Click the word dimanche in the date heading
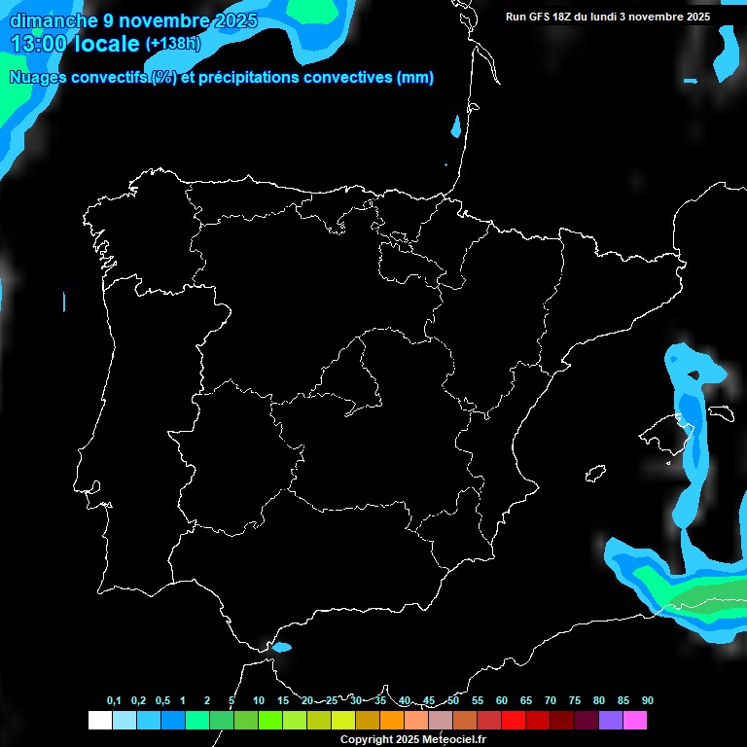51,20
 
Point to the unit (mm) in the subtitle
415,78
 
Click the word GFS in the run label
538,17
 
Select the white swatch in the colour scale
99,720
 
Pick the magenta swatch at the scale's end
635,720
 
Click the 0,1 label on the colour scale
114,701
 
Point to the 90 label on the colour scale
648,701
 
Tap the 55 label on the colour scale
478,701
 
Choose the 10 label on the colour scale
259,701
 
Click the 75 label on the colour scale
575,701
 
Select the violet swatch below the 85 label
611,720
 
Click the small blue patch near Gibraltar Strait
281,647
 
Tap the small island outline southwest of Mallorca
595,474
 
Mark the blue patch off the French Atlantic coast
455,126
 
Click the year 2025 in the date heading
236,20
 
